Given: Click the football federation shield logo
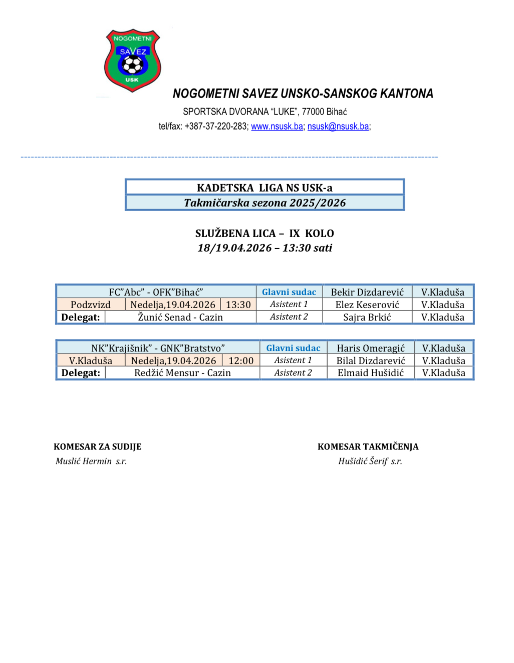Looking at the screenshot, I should pos(132,61).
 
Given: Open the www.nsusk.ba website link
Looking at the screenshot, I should pos(277,127).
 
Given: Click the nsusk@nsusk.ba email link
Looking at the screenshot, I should pos(338,127).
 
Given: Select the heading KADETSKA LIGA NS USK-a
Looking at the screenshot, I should pos(265,188).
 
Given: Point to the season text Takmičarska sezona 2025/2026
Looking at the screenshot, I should pos(265,203).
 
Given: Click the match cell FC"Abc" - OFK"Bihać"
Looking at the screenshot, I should pos(156,292).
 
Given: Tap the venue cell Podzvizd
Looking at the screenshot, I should pos(91,305).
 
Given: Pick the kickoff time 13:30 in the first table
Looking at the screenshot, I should pos(238,305).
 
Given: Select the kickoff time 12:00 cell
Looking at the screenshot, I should pos(241,361).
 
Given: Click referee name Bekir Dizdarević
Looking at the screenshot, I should pos(367,292).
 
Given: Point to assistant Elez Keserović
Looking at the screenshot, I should pos(367,305).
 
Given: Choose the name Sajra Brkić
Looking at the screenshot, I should pos(367,317).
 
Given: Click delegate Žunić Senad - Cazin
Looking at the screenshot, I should pos(180,317).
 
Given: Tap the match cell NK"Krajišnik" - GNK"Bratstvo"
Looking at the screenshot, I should pos(158,348).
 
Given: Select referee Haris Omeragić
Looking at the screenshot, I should pos(371,348).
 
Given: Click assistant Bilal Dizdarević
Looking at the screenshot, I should pos(371,361).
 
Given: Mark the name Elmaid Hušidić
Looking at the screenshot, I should pos(371,373).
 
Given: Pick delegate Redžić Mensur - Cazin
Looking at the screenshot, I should pos(182,373).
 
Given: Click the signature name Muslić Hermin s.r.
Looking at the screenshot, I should pos(91,461).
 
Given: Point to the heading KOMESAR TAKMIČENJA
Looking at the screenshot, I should pos(368,447).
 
